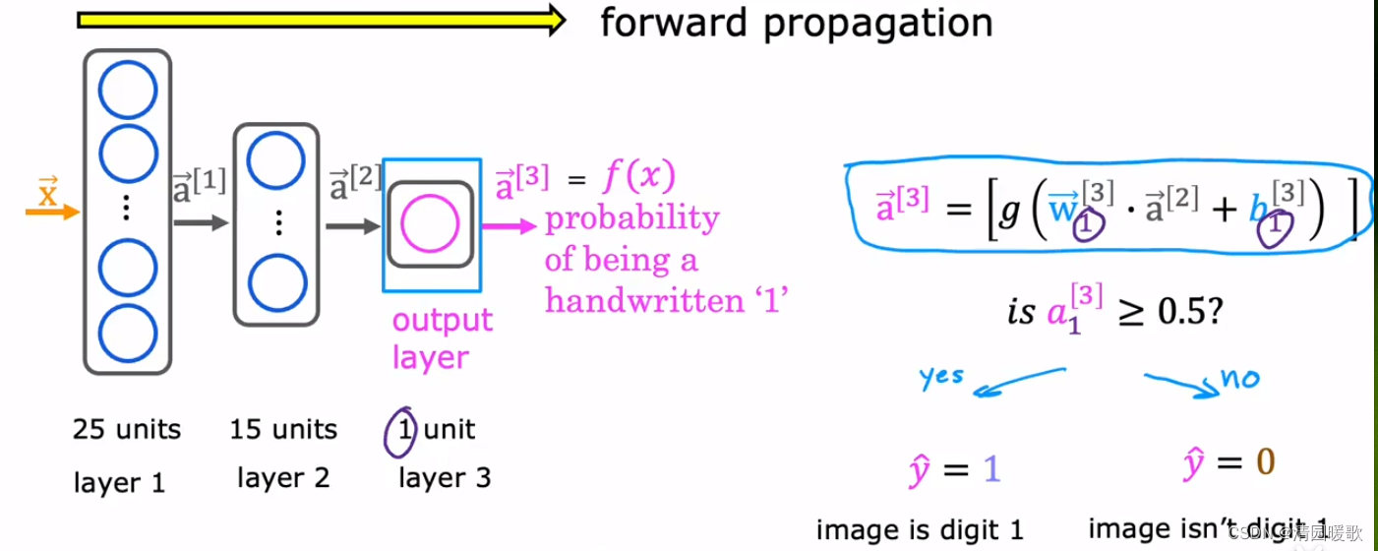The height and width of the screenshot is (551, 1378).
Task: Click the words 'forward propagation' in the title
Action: pos(796,22)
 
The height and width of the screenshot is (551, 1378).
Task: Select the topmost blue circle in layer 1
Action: pos(127,90)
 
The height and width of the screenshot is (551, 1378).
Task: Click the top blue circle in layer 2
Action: pos(276,160)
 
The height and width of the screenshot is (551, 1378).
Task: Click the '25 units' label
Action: pos(126,430)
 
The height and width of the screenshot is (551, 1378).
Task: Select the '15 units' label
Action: pos(283,430)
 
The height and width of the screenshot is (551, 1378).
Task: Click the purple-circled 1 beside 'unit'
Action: pos(401,431)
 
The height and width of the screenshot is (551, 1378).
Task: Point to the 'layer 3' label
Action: pos(444,478)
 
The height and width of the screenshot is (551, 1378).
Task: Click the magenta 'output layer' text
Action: pos(442,338)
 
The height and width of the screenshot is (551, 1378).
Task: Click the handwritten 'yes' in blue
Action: pos(941,377)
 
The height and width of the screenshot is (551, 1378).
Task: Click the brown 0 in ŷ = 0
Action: pos(1265,463)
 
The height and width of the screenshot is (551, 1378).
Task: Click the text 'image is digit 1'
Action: pos(920,529)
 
